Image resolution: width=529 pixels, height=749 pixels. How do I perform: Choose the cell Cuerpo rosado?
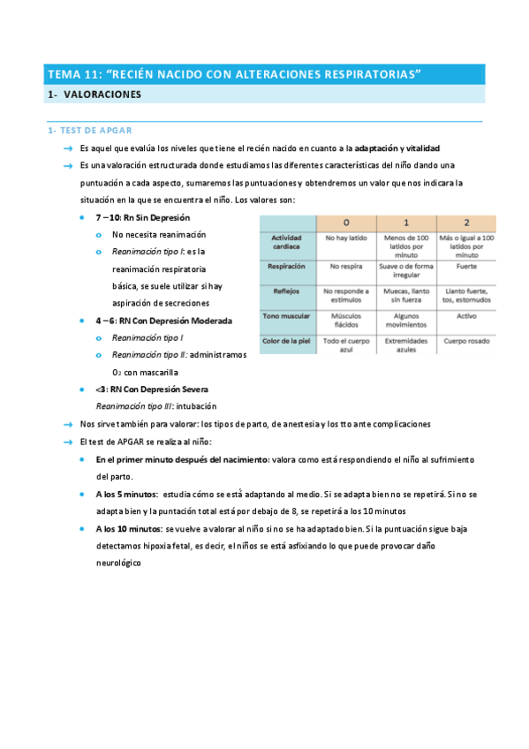coord(466,340)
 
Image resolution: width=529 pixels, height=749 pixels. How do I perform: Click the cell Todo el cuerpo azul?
coord(346,344)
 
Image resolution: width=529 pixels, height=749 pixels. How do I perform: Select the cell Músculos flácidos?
coord(346,319)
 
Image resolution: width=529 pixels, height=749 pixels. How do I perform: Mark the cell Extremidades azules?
coord(406,344)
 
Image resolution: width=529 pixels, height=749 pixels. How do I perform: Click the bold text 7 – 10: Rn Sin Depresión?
coord(142,217)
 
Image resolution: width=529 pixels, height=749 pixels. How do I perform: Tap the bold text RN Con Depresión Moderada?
coord(173,321)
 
